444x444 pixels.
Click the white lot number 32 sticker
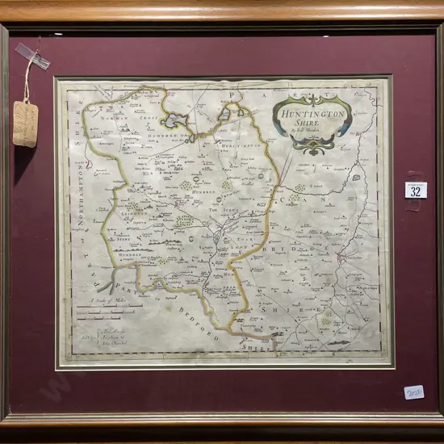(x=415, y=191)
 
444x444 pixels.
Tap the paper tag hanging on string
(x=25, y=123)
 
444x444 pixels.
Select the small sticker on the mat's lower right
(x=414, y=392)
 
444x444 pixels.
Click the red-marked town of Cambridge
(x=342, y=259)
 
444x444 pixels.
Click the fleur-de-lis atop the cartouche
(x=311, y=98)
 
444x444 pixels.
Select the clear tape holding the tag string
(x=33, y=57)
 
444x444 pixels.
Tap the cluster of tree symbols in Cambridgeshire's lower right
(x=327, y=320)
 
